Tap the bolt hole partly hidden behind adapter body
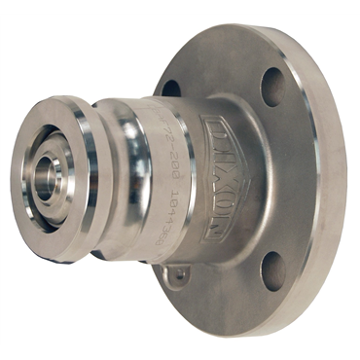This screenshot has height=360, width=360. [x=169, y=87]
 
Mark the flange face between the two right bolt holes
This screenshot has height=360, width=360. [x=292, y=180]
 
